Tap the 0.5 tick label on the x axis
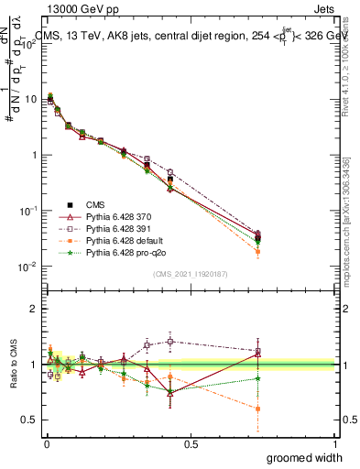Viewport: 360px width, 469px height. point(191,442)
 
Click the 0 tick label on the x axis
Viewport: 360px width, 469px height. point(47,442)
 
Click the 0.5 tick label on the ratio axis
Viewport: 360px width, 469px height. point(30,420)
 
